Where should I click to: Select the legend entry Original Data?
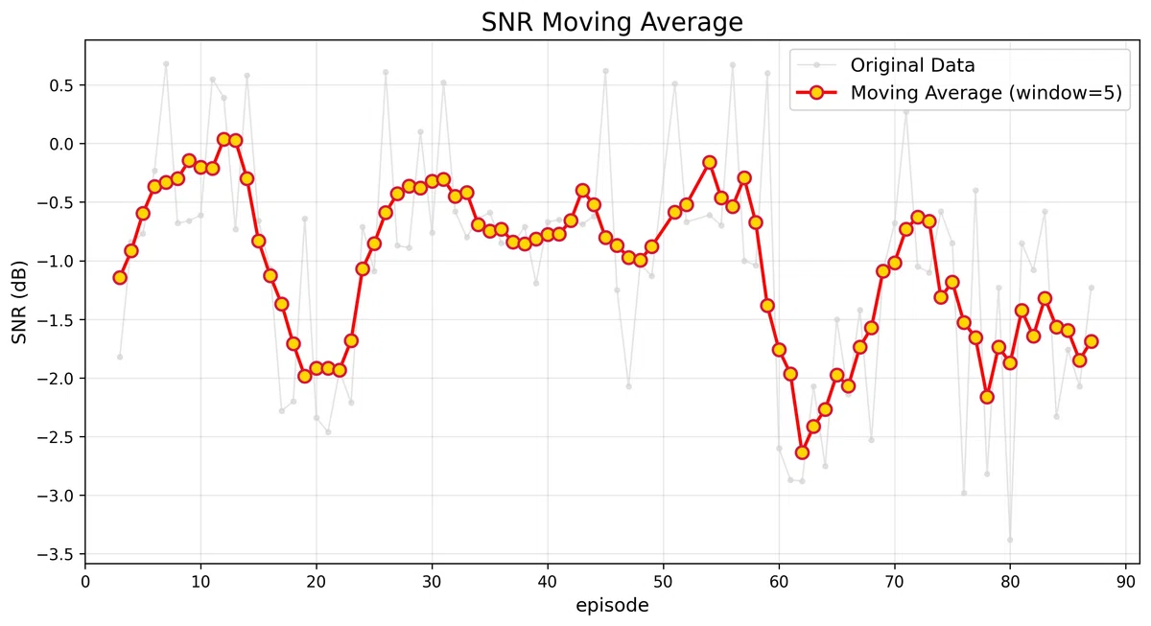click(912, 65)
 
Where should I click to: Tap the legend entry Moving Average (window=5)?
click(986, 93)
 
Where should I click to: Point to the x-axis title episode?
click(612, 606)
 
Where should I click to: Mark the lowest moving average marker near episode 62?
click(802, 452)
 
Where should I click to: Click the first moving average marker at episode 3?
click(120, 277)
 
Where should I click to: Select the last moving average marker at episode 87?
click(1091, 341)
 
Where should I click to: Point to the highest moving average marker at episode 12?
click(223, 139)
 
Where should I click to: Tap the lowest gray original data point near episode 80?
click(1010, 540)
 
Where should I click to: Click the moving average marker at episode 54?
click(710, 162)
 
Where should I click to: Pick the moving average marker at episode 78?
click(987, 397)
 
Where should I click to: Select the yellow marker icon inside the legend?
click(815, 93)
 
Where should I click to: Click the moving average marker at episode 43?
click(582, 190)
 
